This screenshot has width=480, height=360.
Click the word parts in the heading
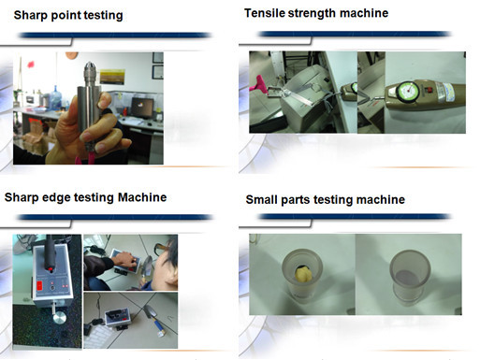coord(296,200)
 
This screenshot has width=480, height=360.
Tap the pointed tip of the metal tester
coord(90,63)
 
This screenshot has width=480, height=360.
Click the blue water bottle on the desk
coord(55,97)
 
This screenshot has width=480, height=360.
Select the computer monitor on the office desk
coord(142,108)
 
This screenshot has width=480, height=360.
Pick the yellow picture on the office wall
coord(112,77)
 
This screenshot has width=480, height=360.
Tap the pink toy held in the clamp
coord(261,84)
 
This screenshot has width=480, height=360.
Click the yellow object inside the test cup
coord(304,275)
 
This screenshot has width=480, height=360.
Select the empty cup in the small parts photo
coord(410,276)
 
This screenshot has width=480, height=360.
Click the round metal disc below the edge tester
coord(60,319)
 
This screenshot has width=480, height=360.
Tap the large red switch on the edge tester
coord(39,285)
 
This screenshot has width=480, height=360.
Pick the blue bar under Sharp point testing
coord(115,36)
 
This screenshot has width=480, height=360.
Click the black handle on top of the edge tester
coord(50,252)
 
